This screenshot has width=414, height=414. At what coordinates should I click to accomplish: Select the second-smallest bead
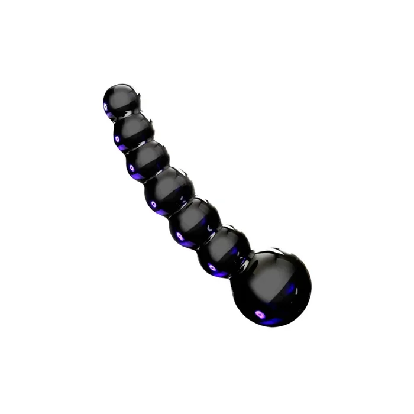[x=132, y=131]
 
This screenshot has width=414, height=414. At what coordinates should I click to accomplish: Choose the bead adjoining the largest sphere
[x=222, y=253]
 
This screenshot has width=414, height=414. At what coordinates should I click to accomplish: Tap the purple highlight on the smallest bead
[x=106, y=106]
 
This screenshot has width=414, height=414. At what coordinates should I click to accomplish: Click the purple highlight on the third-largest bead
[x=179, y=237]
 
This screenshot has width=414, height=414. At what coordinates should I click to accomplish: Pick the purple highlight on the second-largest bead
[x=212, y=267]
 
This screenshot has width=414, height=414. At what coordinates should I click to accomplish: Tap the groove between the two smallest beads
[x=126, y=117]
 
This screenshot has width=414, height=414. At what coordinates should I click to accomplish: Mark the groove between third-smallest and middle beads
[x=157, y=175]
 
